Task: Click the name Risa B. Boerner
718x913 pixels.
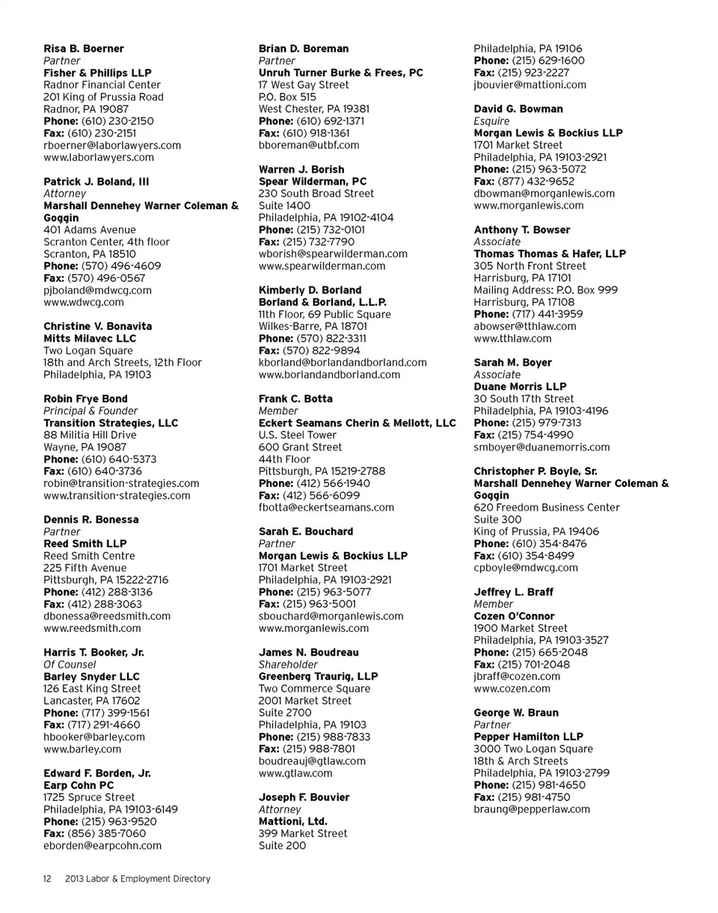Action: (x=84, y=49)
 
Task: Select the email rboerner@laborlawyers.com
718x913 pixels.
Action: (x=112, y=145)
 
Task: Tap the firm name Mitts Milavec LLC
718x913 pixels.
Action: (x=90, y=339)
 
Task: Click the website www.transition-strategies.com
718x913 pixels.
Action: (x=117, y=496)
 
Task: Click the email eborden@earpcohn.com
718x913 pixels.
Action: (x=102, y=846)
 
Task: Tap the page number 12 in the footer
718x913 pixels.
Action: (x=46, y=879)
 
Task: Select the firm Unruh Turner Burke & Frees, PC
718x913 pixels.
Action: (x=340, y=73)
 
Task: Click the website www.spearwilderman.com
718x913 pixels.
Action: (x=322, y=265)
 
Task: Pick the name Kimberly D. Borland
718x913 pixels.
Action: (x=310, y=290)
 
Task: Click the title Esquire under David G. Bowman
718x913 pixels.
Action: (x=491, y=121)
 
